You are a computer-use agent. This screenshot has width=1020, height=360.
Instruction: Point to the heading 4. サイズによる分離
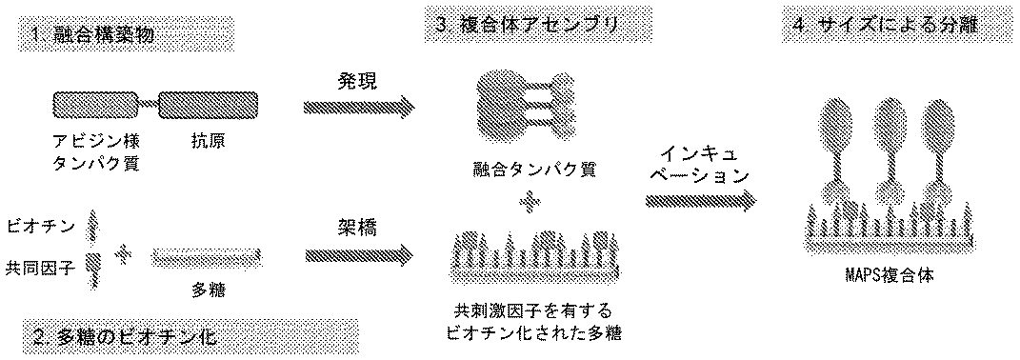[x=901, y=27]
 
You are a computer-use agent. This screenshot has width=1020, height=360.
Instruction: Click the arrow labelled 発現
[x=358, y=105]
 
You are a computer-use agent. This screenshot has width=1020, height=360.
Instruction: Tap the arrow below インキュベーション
[x=702, y=202]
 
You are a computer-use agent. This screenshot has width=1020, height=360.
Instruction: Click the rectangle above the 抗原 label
[x=209, y=104]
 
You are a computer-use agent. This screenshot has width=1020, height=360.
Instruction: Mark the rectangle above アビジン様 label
[x=95, y=104]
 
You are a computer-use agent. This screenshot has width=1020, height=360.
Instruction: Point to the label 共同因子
[x=39, y=266]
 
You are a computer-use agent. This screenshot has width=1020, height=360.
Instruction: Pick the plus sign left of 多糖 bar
[x=121, y=253]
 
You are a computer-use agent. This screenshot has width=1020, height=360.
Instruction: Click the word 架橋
[x=356, y=228]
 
